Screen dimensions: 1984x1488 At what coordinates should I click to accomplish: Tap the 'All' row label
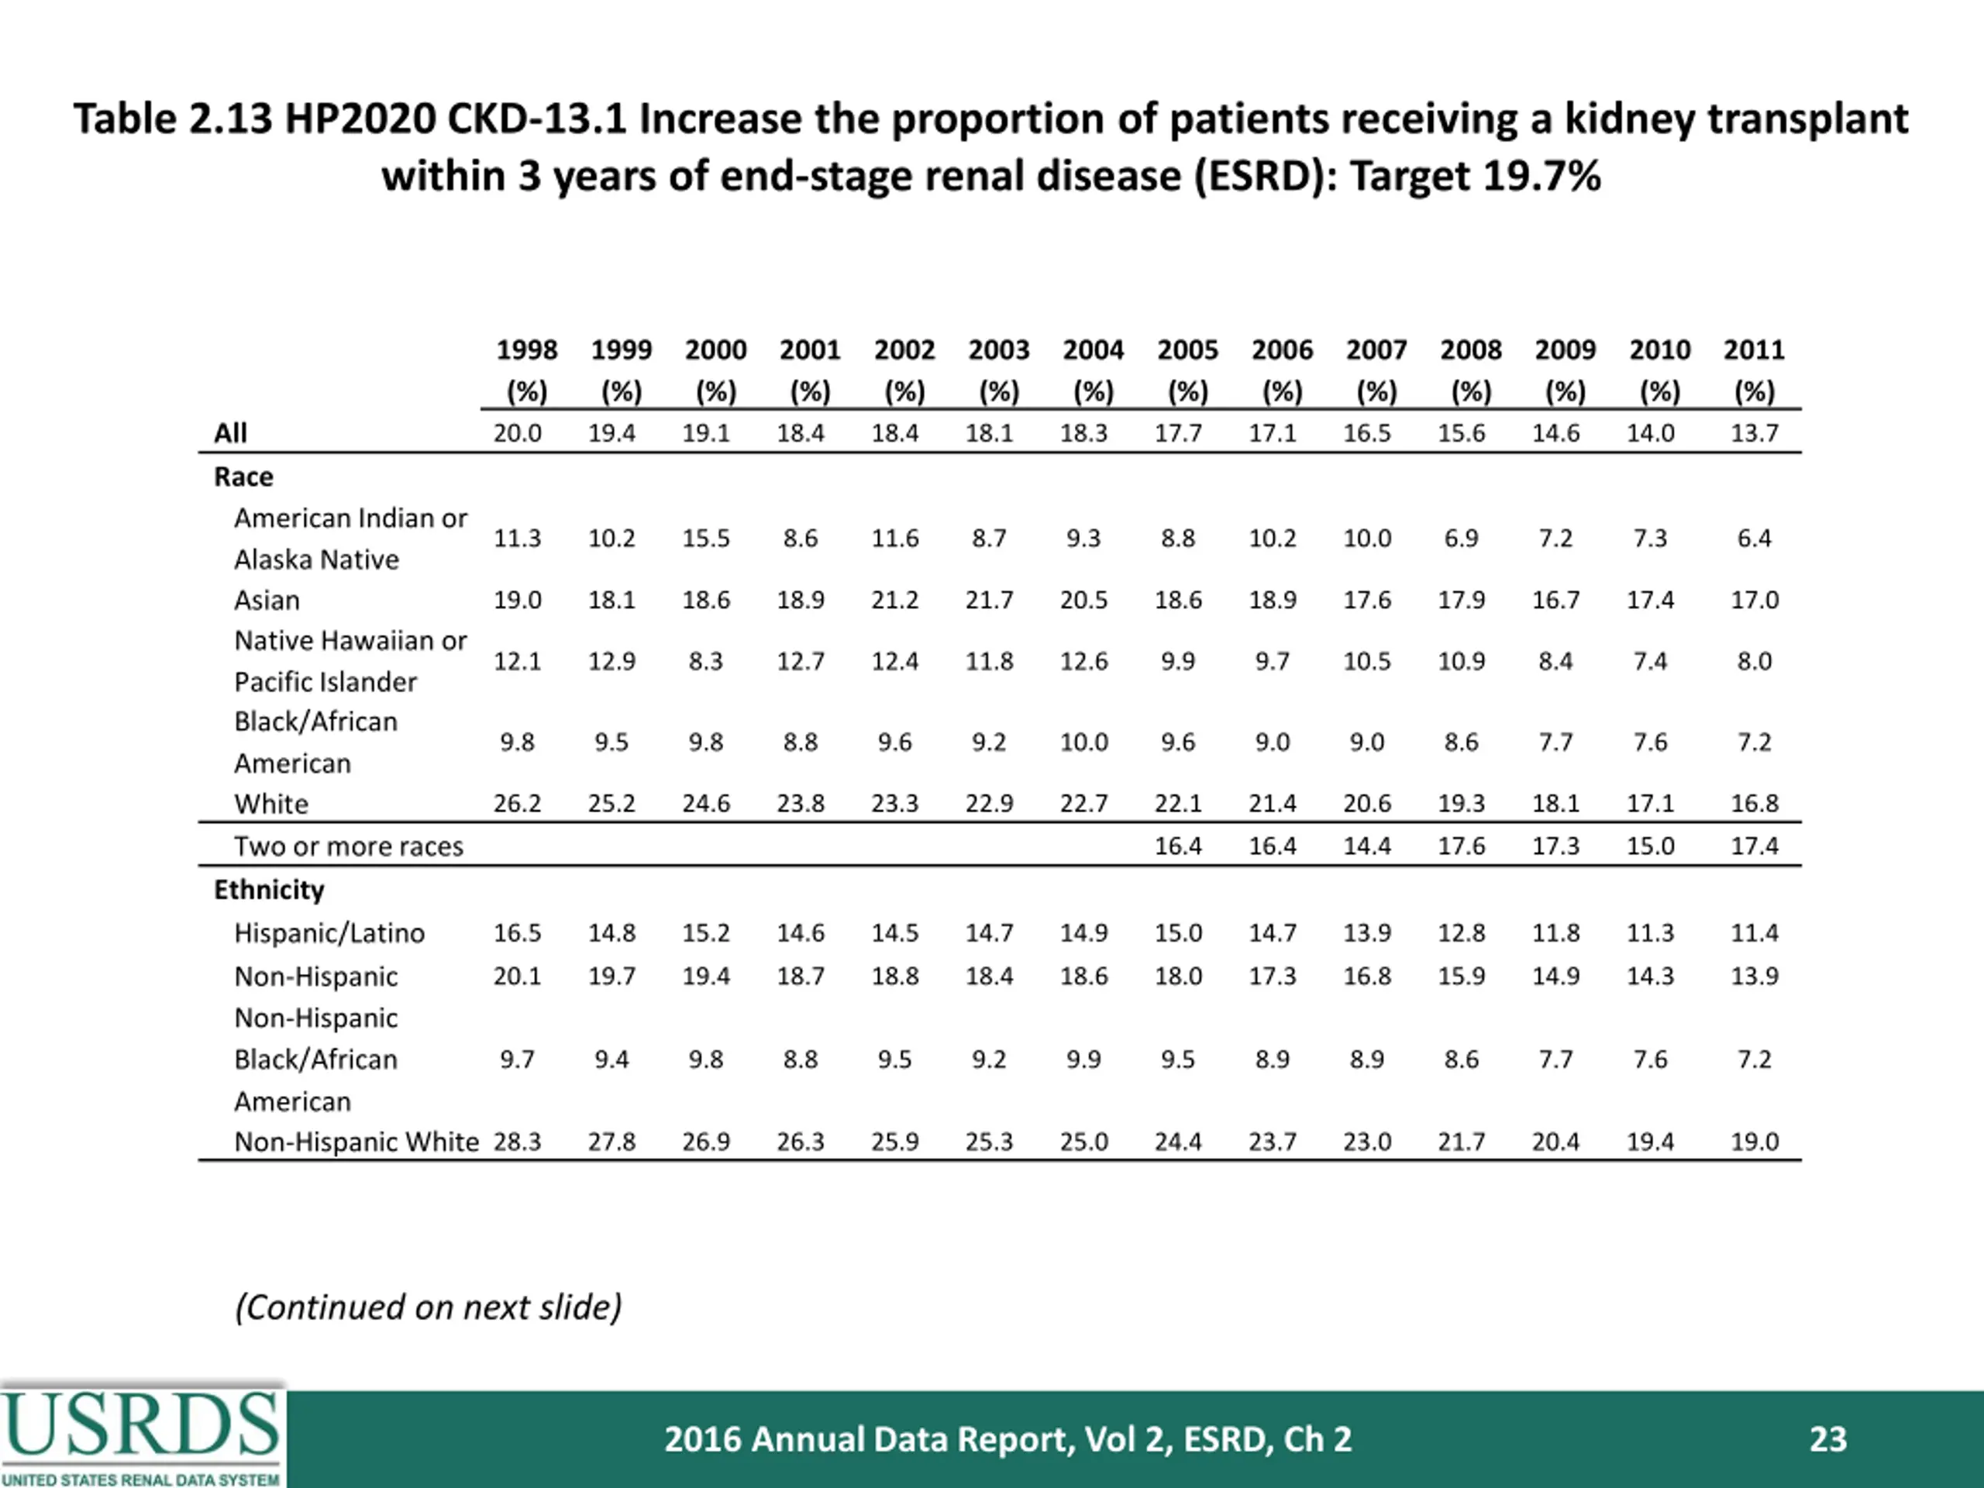[230, 433]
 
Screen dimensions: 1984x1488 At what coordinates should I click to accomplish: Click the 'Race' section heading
[244, 477]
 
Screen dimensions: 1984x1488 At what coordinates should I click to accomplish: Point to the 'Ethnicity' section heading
[269, 890]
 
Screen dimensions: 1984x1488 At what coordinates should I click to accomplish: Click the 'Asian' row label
[267, 600]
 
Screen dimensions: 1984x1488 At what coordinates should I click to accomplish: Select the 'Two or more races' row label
[349, 846]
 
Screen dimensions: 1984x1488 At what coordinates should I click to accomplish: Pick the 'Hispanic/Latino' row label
[329, 934]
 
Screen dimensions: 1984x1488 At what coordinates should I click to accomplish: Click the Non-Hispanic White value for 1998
[518, 1142]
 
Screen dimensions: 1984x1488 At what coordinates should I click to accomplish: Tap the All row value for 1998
[518, 433]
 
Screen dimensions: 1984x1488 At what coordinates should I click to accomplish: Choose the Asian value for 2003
[990, 600]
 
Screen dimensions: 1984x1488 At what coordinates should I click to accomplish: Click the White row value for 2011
[1755, 803]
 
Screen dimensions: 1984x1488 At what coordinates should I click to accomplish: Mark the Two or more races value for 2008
[1462, 846]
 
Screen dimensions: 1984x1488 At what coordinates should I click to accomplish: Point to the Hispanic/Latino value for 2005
[1178, 933]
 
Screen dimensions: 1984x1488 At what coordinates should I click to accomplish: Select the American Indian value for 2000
[706, 538]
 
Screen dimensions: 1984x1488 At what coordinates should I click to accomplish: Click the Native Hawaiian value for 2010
[1650, 661]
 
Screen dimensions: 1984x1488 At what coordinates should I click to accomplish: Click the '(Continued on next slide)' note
[428, 1307]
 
